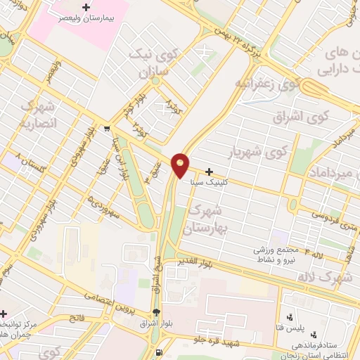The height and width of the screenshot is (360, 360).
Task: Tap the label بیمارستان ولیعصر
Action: (x=86, y=20)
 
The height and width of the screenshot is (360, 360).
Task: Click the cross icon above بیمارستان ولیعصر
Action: (x=86, y=8)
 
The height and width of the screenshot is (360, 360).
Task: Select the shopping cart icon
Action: (x=106, y=129)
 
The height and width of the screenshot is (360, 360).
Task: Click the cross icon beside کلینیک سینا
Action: (x=210, y=171)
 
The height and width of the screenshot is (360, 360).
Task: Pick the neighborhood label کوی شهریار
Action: (x=259, y=151)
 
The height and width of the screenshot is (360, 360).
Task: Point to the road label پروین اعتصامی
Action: (x=108, y=301)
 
